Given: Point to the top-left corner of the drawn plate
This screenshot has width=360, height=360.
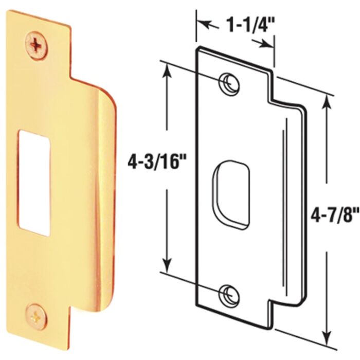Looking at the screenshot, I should (196, 49).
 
